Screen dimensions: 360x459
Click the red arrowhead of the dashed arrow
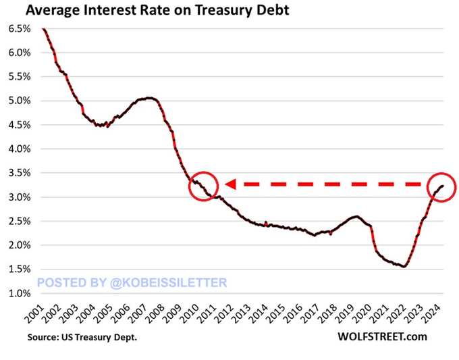coord(230,184)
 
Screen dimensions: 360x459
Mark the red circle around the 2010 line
coord(203,185)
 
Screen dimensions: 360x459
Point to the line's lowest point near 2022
coord(404,267)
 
